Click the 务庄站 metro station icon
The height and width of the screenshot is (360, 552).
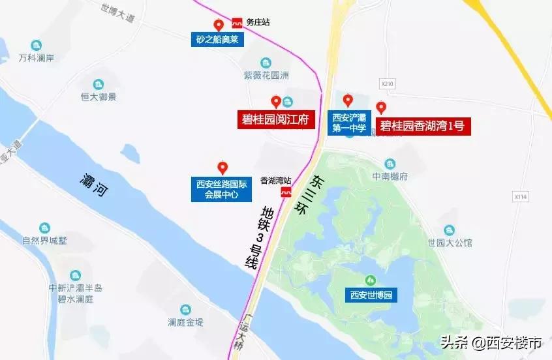[237, 22]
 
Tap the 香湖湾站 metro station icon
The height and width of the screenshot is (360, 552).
[286, 192]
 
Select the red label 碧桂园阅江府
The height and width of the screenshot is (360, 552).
[275, 119]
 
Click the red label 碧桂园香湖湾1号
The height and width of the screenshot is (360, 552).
[422, 126]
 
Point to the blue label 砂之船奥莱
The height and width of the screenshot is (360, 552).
[218, 40]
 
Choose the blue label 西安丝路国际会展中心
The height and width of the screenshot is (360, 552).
[222, 189]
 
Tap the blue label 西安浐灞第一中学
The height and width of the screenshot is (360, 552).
[350, 123]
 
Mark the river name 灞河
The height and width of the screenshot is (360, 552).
[94, 185]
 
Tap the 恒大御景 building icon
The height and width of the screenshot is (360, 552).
[99, 84]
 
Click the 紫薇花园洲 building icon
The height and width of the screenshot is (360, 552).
[266, 63]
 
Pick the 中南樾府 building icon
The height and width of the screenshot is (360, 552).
[390, 163]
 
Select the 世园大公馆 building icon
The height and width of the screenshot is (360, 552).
[450, 230]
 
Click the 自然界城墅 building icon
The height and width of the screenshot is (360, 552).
[44, 228]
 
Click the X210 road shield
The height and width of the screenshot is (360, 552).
[388, 83]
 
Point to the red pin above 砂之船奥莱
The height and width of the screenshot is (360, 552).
[219, 25]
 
